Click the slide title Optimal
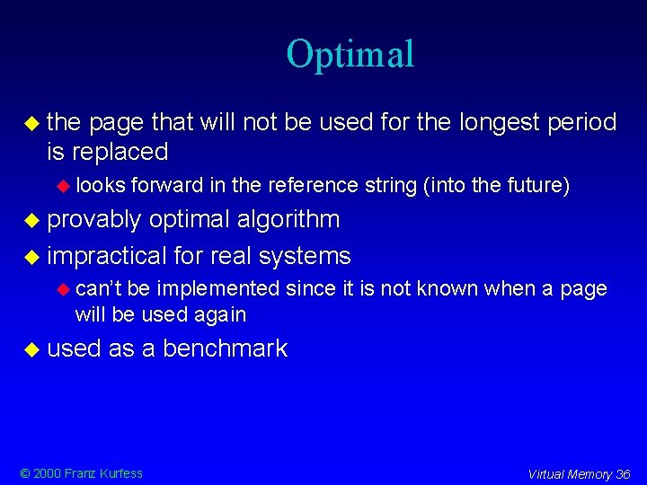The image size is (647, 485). click(x=350, y=54)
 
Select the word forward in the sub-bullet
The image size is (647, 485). click(x=167, y=186)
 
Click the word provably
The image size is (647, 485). click(x=94, y=220)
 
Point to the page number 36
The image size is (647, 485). click(x=623, y=474)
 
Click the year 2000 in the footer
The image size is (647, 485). click(x=44, y=473)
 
